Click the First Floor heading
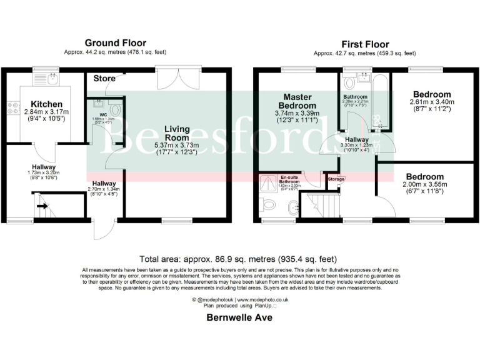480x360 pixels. click(x=365, y=44)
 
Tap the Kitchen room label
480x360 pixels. click(x=47, y=104)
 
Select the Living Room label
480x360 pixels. click(x=177, y=134)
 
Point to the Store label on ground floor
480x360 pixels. click(x=104, y=79)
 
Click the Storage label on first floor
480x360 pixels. click(x=336, y=179)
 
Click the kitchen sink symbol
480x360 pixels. click(x=52, y=78)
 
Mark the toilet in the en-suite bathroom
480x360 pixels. click(x=268, y=204)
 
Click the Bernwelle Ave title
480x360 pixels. click(x=239, y=317)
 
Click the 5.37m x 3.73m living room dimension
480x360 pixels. click(x=177, y=144)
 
